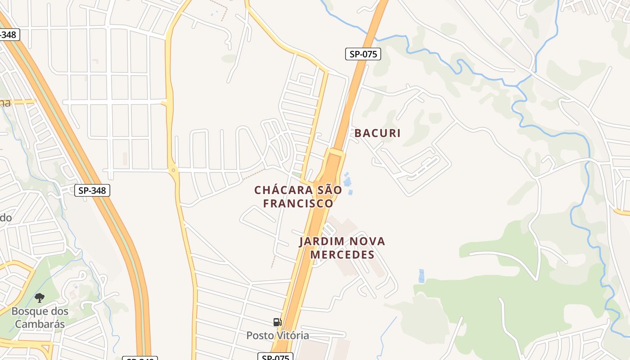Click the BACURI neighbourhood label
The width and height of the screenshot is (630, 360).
(x=378, y=133)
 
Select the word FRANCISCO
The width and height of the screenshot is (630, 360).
(x=298, y=204)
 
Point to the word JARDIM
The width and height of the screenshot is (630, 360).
(x=320, y=242)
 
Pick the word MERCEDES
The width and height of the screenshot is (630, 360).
(x=342, y=255)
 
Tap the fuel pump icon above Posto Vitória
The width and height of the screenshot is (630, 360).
(x=277, y=322)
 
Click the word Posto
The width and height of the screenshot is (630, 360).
(x=260, y=336)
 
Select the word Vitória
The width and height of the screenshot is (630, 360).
(x=292, y=336)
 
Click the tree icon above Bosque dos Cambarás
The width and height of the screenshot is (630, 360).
(x=40, y=297)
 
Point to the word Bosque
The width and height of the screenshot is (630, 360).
(x=27, y=311)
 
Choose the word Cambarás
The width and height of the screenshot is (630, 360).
(x=40, y=324)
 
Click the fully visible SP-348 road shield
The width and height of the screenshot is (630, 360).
(x=92, y=190)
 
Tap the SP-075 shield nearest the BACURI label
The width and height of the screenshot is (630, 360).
(x=363, y=54)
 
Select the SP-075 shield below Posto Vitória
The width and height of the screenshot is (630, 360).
(x=275, y=357)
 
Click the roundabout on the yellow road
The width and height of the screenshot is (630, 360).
(x=173, y=170)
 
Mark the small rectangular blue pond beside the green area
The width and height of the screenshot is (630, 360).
(x=421, y=276)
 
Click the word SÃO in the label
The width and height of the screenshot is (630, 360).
(x=329, y=190)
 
